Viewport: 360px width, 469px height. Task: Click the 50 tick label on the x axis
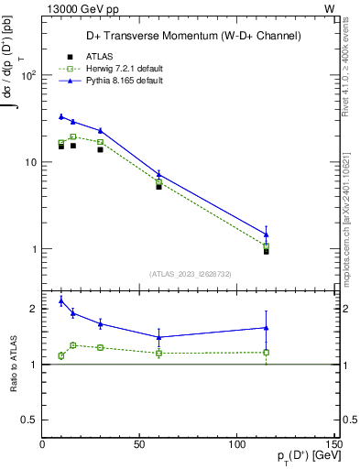(x=140, y=445)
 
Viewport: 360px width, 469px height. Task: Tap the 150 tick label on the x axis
(x=333, y=445)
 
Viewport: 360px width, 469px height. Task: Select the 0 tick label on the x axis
(x=42, y=445)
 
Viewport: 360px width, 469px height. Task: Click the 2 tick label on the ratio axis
(x=34, y=309)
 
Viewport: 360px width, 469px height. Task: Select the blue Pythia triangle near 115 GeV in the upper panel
(x=266, y=234)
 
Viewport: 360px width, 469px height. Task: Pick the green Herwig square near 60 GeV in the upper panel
(x=159, y=181)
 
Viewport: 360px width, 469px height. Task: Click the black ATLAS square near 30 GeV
(x=101, y=149)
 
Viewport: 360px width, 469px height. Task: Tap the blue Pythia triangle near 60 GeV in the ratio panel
(x=159, y=337)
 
